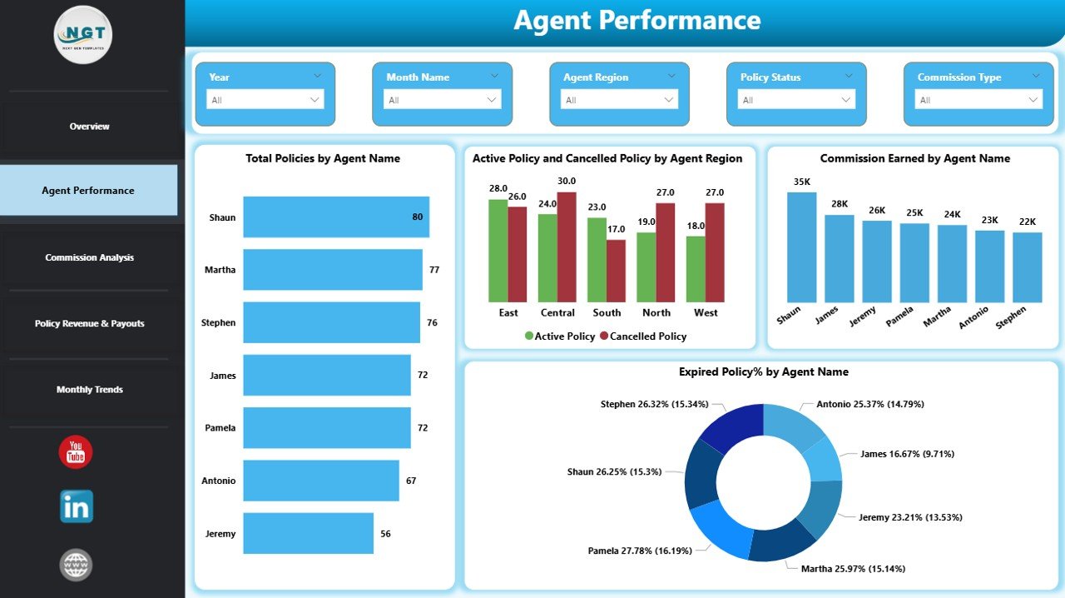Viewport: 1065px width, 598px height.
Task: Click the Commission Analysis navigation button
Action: tap(89, 257)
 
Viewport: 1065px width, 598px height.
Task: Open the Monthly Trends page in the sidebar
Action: tap(89, 389)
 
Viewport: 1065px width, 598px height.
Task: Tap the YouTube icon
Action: tap(76, 452)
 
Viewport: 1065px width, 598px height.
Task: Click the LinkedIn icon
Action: tap(77, 506)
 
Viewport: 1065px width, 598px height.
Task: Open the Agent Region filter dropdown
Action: tap(619, 100)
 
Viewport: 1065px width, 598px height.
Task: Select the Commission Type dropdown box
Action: tap(978, 100)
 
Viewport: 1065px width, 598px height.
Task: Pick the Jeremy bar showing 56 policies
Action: tap(308, 533)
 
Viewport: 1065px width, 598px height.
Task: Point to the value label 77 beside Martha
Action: tap(434, 270)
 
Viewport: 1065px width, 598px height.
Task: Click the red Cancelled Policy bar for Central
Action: tap(567, 247)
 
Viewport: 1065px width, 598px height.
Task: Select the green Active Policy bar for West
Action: tap(696, 268)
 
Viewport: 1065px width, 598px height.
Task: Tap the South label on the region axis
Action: tap(607, 313)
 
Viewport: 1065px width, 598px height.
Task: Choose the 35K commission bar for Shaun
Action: tap(802, 247)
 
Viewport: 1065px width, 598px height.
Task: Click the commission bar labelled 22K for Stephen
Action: tap(1028, 267)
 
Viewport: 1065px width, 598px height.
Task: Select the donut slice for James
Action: tap(825, 459)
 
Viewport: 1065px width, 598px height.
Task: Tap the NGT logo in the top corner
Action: tap(83, 35)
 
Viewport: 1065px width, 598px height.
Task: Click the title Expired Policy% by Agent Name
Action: tap(763, 371)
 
